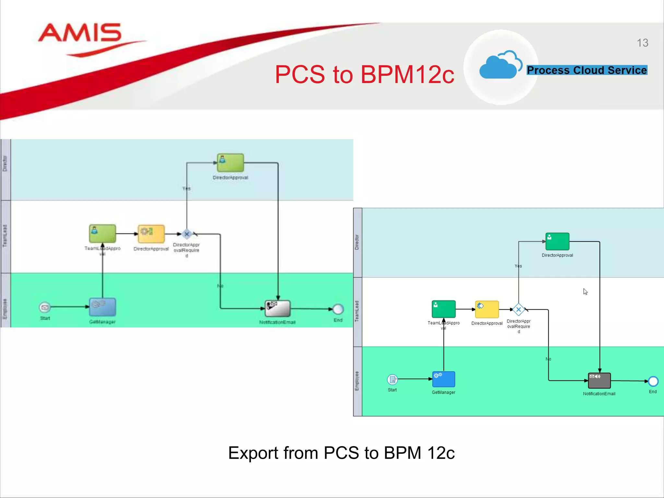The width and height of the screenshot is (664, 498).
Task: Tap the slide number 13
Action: pos(642,43)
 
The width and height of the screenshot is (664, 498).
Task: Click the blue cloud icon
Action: pos(499,65)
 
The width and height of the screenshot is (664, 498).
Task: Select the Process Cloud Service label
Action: pos(587,70)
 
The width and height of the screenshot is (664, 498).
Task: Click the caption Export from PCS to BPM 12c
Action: pos(341,453)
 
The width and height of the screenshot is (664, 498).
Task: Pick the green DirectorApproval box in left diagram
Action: pos(230,163)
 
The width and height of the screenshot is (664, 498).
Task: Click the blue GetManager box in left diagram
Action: pos(102,307)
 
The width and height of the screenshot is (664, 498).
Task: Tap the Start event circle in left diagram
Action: pos(45,307)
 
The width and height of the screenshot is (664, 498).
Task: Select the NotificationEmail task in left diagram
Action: pos(278,308)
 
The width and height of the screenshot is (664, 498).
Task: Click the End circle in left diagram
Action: pos(338,309)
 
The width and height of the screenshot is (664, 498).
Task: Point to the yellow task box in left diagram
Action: pos(151,234)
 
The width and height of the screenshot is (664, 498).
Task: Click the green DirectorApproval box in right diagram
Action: pos(557,242)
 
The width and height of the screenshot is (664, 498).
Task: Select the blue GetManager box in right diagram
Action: pos(444,379)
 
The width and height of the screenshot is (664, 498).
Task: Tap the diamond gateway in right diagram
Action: pos(518,310)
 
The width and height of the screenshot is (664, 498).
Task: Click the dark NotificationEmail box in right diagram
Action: pos(599,380)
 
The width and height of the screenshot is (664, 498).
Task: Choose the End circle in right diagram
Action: pos(653,381)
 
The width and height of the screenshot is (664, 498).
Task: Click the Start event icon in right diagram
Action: pos(392,379)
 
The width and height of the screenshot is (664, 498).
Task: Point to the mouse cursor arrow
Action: pos(585,291)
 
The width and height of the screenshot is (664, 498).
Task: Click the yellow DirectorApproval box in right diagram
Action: pos(487,309)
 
